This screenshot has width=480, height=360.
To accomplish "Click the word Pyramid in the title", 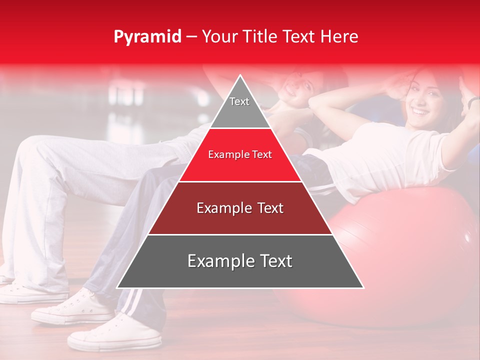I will click(147, 36).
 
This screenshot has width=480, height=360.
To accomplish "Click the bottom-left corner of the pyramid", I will click(117, 287).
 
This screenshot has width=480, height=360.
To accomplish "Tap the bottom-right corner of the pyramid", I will click(363, 287).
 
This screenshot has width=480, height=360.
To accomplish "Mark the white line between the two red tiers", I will click(240, 181).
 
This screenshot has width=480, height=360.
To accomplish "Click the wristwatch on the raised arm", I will click(473, 101).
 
